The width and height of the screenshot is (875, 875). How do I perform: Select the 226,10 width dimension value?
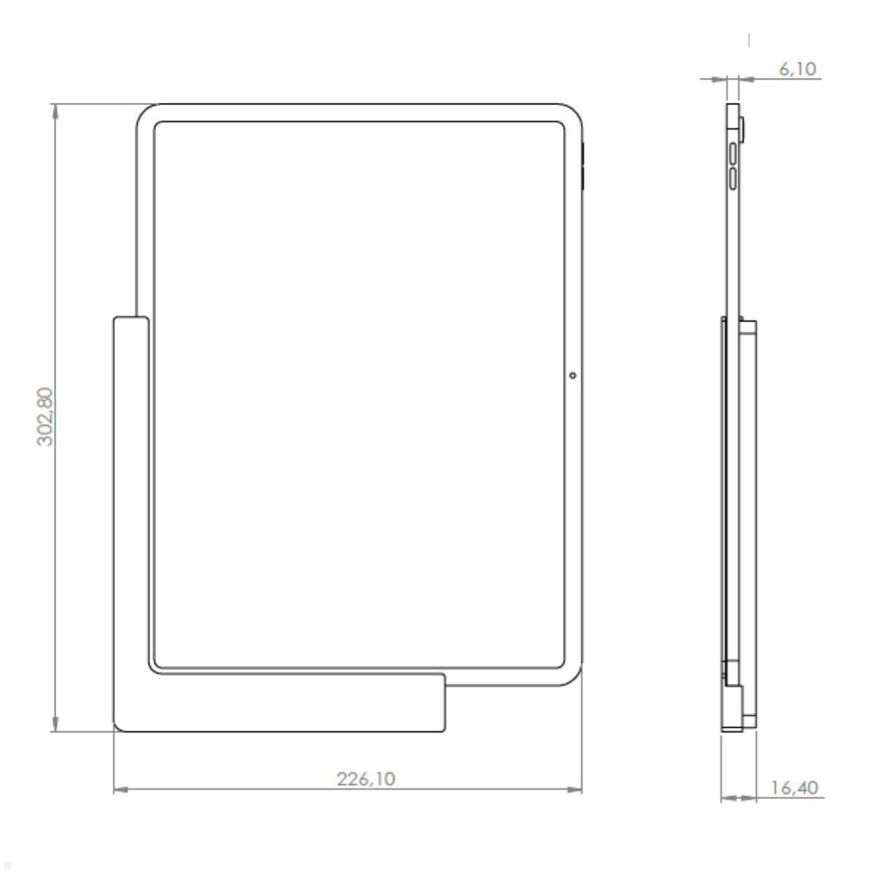[366, 779]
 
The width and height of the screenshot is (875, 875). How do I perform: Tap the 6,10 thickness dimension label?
[798, 69]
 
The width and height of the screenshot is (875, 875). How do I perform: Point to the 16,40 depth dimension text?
[794, 788]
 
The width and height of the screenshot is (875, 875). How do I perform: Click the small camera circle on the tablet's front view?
[572, 376]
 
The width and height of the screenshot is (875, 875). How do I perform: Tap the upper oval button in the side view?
[733, 155]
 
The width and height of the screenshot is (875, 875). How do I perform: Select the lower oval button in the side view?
[733, 179]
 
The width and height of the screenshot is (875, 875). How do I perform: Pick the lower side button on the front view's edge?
[583, 179]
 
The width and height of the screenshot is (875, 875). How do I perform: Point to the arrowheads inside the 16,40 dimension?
[738, 798]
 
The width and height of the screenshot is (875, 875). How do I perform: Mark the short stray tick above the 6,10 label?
[750, 39]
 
